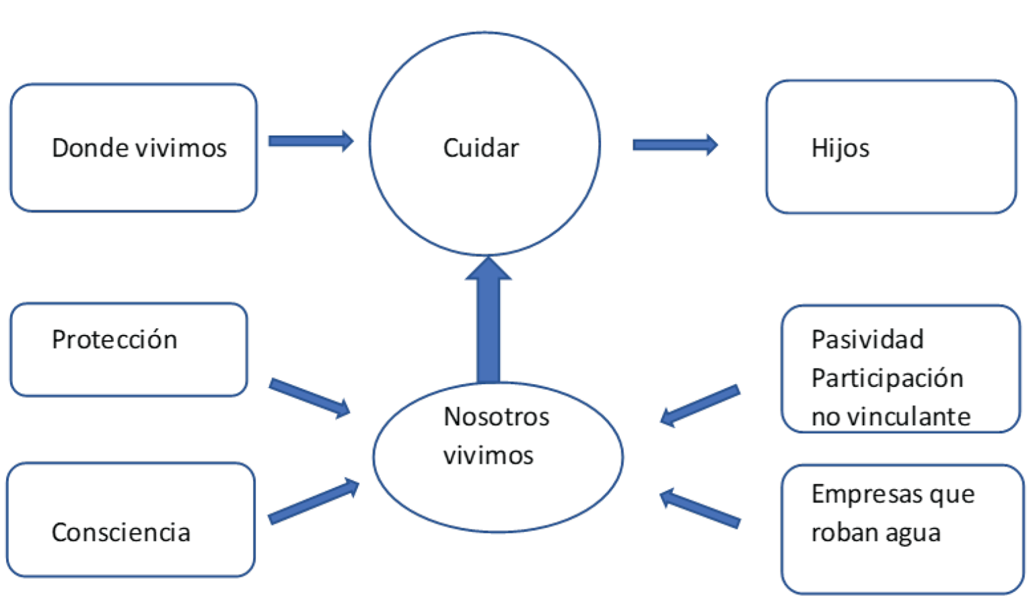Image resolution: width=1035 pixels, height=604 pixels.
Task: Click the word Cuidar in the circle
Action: coord(480,148)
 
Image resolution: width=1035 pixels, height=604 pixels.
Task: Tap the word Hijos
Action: coord(840,148)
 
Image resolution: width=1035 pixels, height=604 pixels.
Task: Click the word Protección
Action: coord(114,340)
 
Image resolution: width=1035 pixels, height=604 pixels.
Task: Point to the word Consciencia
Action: coord(121,532)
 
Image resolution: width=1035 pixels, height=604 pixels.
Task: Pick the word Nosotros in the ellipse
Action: coord(496,417)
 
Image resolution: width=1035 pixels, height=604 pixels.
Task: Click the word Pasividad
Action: coord(867,340)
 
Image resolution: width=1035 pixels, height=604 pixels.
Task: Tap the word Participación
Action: coord(887,378)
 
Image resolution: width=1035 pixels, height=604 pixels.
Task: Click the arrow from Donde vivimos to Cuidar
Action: coord(310,141)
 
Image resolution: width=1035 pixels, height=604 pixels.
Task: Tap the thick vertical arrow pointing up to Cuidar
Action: coord(488,323)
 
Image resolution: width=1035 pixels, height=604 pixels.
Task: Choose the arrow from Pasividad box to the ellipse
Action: coord(700,406)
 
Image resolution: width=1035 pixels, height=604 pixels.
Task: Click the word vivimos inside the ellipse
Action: coord(488,455)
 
